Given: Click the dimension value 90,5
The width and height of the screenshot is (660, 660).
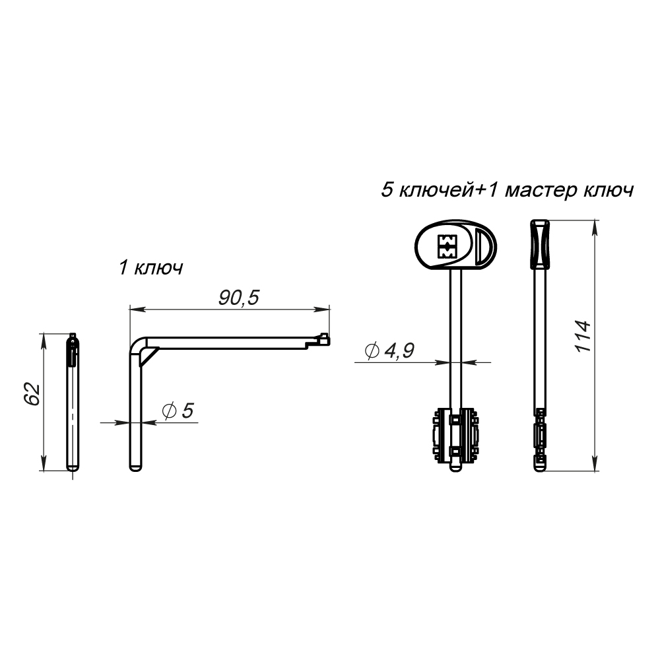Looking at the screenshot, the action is pyautogui.click(x=239, y=298).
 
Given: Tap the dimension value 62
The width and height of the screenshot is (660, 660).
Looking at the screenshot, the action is pyautogui.click(x=32, y=394).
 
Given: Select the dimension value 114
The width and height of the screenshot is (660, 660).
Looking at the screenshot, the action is pyautogui.click(x=583, y=337).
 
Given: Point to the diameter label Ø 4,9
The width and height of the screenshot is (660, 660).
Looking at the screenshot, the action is pyautogui.click(x=389, y=350).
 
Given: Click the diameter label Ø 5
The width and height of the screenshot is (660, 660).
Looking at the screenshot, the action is pyautogui.click(x=178, y=411).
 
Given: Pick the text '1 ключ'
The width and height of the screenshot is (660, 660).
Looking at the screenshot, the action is pyautogui.click(x=151, y=268).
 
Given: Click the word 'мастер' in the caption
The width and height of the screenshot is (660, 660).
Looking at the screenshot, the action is pyautogui.click(x=541, y=191).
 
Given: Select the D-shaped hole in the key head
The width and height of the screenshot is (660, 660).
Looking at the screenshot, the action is pyautogui.click(x=482, y=247).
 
